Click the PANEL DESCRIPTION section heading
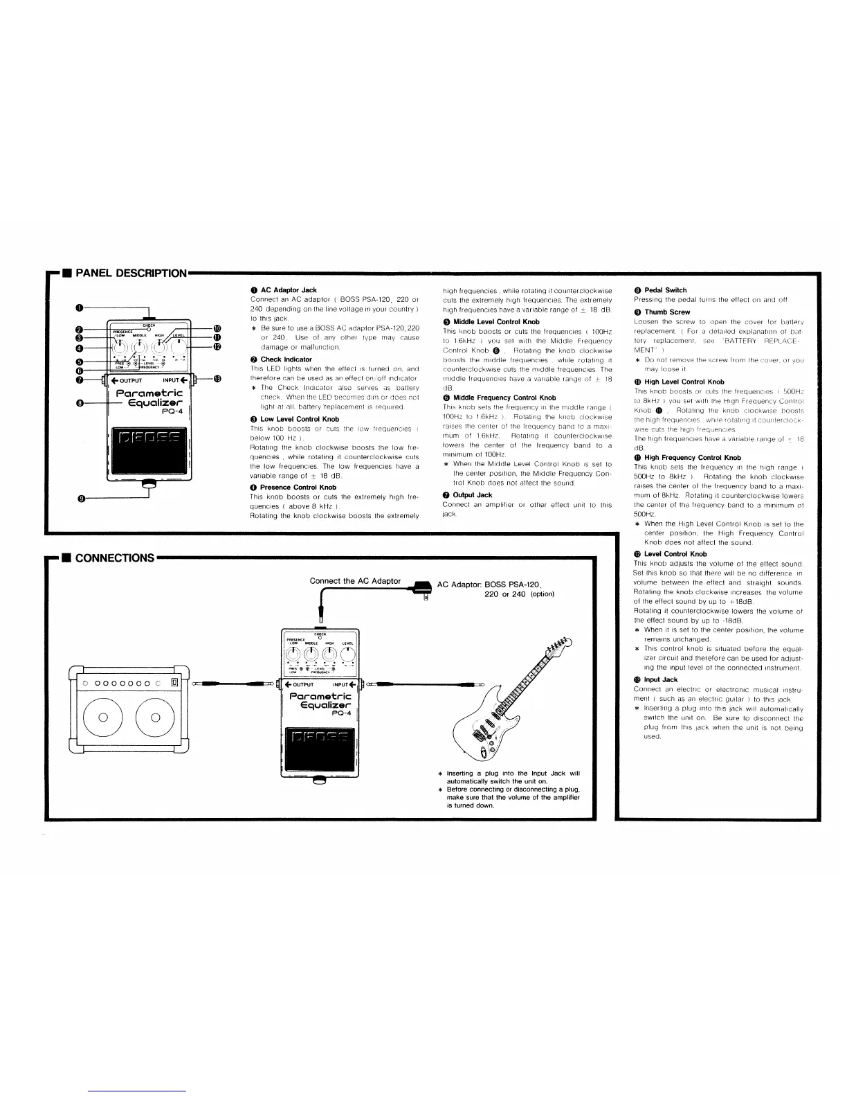[x=130, y=273]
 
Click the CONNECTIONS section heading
[x=114, y=558]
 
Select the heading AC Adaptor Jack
[x=289, y=290]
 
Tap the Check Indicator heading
[x=286, y=359]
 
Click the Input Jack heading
[x=661, y=680]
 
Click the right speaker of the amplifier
[x=160, y=736]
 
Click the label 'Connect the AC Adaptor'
[x=355, y=581]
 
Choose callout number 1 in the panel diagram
[x=80, y=307]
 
